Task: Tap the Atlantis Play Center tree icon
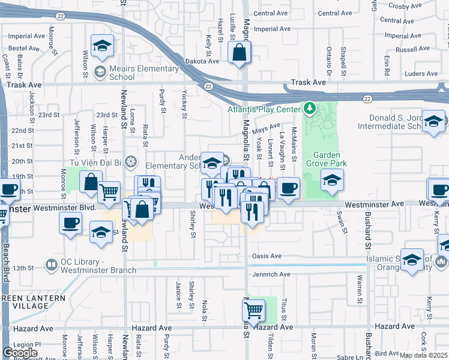point(310,109)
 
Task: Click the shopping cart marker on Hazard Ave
point(253,311)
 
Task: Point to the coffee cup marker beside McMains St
point(288,187)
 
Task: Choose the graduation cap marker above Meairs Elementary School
point(102,46)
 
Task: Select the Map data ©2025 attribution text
point(423,355)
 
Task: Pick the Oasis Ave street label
point(267,256)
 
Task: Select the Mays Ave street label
point(267,127)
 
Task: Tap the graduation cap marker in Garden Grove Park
point(331,180)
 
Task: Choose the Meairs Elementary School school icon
point(100,73)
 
